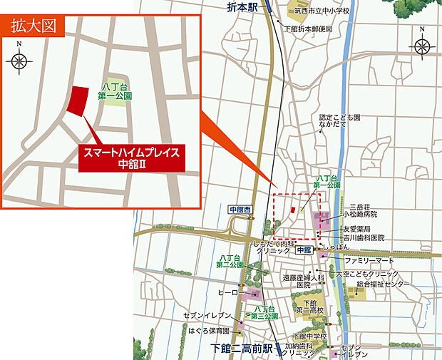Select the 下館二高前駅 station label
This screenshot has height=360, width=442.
pyautogui.click(x=242, y=349)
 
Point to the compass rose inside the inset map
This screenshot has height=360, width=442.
pyautogui.click(x=19, y=61)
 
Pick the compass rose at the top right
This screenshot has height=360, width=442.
pyautogui.click(x=421, y=46)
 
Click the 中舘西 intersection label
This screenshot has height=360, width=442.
pyautogui.click(x=240, y=210)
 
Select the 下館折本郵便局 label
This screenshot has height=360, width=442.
pyautogui.click(x=307, y=29)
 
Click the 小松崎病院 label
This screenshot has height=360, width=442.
pyautogui.click(x=359, y=213)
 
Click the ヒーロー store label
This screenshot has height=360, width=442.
pyautogui.click(x=227, y=292)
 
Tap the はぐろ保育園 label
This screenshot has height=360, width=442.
pyautogui.click(x=208, y=331)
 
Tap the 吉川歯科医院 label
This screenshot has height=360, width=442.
pyautogui.click(x=362, y=237)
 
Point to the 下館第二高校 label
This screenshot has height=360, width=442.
pyautogui.click(x=310, y=307)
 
